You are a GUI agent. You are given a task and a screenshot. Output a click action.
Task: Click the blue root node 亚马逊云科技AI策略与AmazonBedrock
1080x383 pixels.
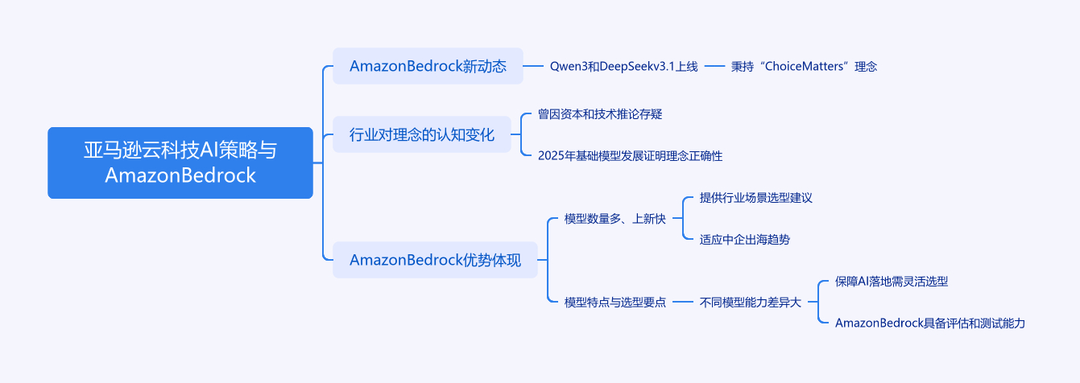click(180, 163)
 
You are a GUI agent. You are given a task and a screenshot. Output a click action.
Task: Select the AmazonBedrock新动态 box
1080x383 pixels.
click(428, 66)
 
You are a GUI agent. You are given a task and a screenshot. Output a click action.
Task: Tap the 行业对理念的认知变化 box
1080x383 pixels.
click(422, 134)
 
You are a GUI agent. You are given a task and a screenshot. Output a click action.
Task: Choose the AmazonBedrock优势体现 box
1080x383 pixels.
click(435, 260)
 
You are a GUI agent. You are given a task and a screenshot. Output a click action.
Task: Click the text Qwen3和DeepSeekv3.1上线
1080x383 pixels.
click(623, 66)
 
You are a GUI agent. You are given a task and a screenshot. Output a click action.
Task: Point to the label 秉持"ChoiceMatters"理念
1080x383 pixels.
click(803, 66)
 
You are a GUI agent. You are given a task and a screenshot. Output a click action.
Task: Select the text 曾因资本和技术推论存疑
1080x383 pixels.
click(599, 114)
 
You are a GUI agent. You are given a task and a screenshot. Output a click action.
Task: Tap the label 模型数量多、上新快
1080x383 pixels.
click(614, 219)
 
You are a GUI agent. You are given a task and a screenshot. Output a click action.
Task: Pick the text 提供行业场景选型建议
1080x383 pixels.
click(755, 198)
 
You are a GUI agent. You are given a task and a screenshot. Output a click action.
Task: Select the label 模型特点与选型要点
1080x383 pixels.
click(614, 303)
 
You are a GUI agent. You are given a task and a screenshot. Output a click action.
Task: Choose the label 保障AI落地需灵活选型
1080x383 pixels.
click(891, 282)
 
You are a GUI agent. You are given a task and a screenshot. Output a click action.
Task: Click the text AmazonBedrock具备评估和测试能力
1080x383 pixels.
click(929, 323)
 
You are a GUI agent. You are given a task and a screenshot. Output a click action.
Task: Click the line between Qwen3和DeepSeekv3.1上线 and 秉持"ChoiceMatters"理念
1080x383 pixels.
click(715, 66)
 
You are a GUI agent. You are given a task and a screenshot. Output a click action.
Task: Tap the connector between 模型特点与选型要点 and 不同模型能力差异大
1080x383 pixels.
click(683, 303)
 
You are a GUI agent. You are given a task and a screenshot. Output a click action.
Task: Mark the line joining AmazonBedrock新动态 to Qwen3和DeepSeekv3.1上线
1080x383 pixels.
click(534, 66)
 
